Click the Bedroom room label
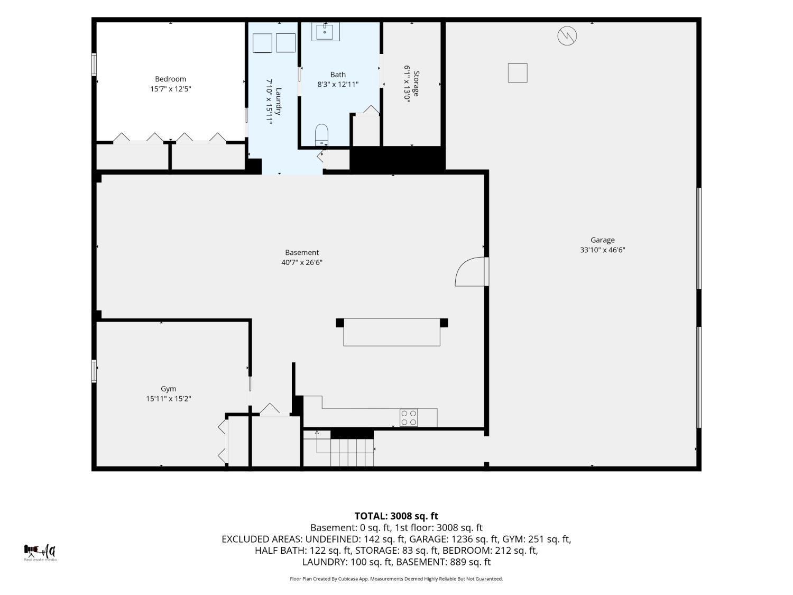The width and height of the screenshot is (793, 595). coord(171,79)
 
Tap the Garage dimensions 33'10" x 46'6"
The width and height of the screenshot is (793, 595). coord(602,250)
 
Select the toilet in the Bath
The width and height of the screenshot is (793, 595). coord(321,135)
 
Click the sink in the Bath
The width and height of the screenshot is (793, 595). coord(326,32)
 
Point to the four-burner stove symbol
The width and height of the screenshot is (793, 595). coord(409,418)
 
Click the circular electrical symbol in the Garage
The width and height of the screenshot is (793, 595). coord(567,36)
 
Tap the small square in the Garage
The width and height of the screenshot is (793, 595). coord(518,72)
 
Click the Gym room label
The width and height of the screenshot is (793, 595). coord(168,389)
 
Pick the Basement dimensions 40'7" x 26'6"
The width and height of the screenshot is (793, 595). coord(302,262)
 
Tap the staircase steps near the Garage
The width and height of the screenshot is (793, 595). coord(352,452)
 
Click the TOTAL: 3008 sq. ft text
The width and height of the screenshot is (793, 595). coord(396,516)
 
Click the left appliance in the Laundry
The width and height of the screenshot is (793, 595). coord(262,43)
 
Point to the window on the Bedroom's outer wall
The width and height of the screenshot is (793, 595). coord(94,65)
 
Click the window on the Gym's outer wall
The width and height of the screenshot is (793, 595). coord(94,371)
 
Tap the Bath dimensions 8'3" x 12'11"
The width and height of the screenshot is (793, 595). coord(338,84)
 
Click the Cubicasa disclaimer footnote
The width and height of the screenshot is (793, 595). coord(396,579)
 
